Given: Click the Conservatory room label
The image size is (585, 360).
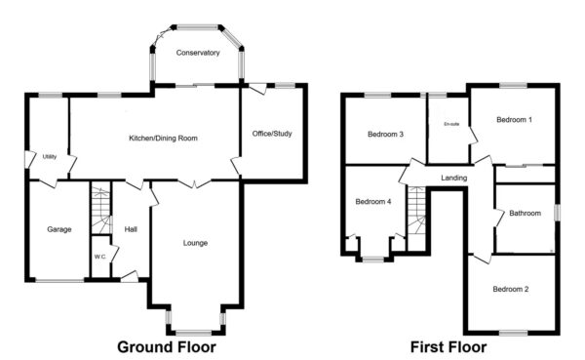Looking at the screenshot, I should (198, 53).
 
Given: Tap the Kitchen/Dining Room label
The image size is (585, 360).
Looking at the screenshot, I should (164, 139).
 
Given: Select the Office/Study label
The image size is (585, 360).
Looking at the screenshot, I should (273, 133).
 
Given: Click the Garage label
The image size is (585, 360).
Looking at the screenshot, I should (60, 229).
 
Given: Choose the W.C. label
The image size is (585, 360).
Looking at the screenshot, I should (100, 256).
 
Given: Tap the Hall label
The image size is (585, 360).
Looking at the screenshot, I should (131, 230).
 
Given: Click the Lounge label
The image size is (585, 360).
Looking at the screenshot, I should (195, 242).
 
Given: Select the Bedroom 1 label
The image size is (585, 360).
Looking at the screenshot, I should (514, 120).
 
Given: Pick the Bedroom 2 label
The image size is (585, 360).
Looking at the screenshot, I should (511, 289).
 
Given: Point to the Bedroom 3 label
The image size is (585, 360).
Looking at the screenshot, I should (386, 135).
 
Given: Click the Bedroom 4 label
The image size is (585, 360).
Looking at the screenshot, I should (373, 202).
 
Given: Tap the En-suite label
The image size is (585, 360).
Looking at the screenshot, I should (450, 124).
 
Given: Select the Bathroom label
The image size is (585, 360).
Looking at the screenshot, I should (525, 213).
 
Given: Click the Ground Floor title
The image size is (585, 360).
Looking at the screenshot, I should (167, 346).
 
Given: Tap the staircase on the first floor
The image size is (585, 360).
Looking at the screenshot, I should (417, 210).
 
